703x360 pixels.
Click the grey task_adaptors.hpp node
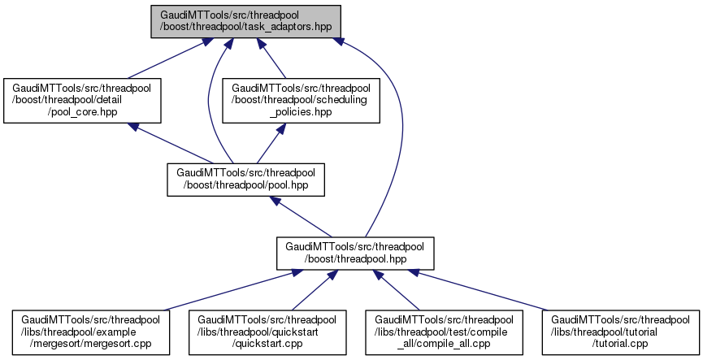pos(245,21)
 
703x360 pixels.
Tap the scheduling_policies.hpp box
pos(301,99)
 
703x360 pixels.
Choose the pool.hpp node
pos(245,180)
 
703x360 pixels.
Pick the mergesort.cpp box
pos(91,332)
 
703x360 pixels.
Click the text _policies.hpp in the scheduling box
pos(301,111)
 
